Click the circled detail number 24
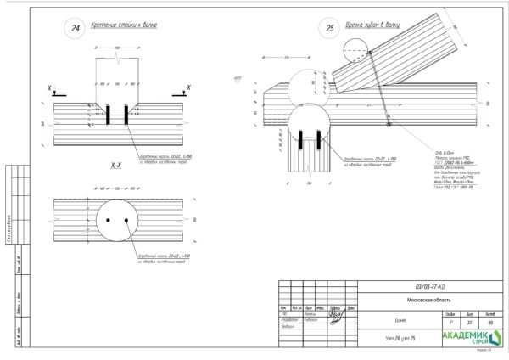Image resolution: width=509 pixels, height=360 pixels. coord(76,28)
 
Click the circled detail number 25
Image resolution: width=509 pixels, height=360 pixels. coord(331,28)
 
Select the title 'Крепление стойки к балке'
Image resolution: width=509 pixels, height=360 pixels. coord(126,25)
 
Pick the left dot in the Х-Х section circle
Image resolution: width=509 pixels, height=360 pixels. coord(109,220)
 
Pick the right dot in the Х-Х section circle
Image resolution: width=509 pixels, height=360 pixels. coord(126,220)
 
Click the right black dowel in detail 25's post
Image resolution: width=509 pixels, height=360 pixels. coord(316,139)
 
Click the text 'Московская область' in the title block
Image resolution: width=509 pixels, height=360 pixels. coord(430,299)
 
